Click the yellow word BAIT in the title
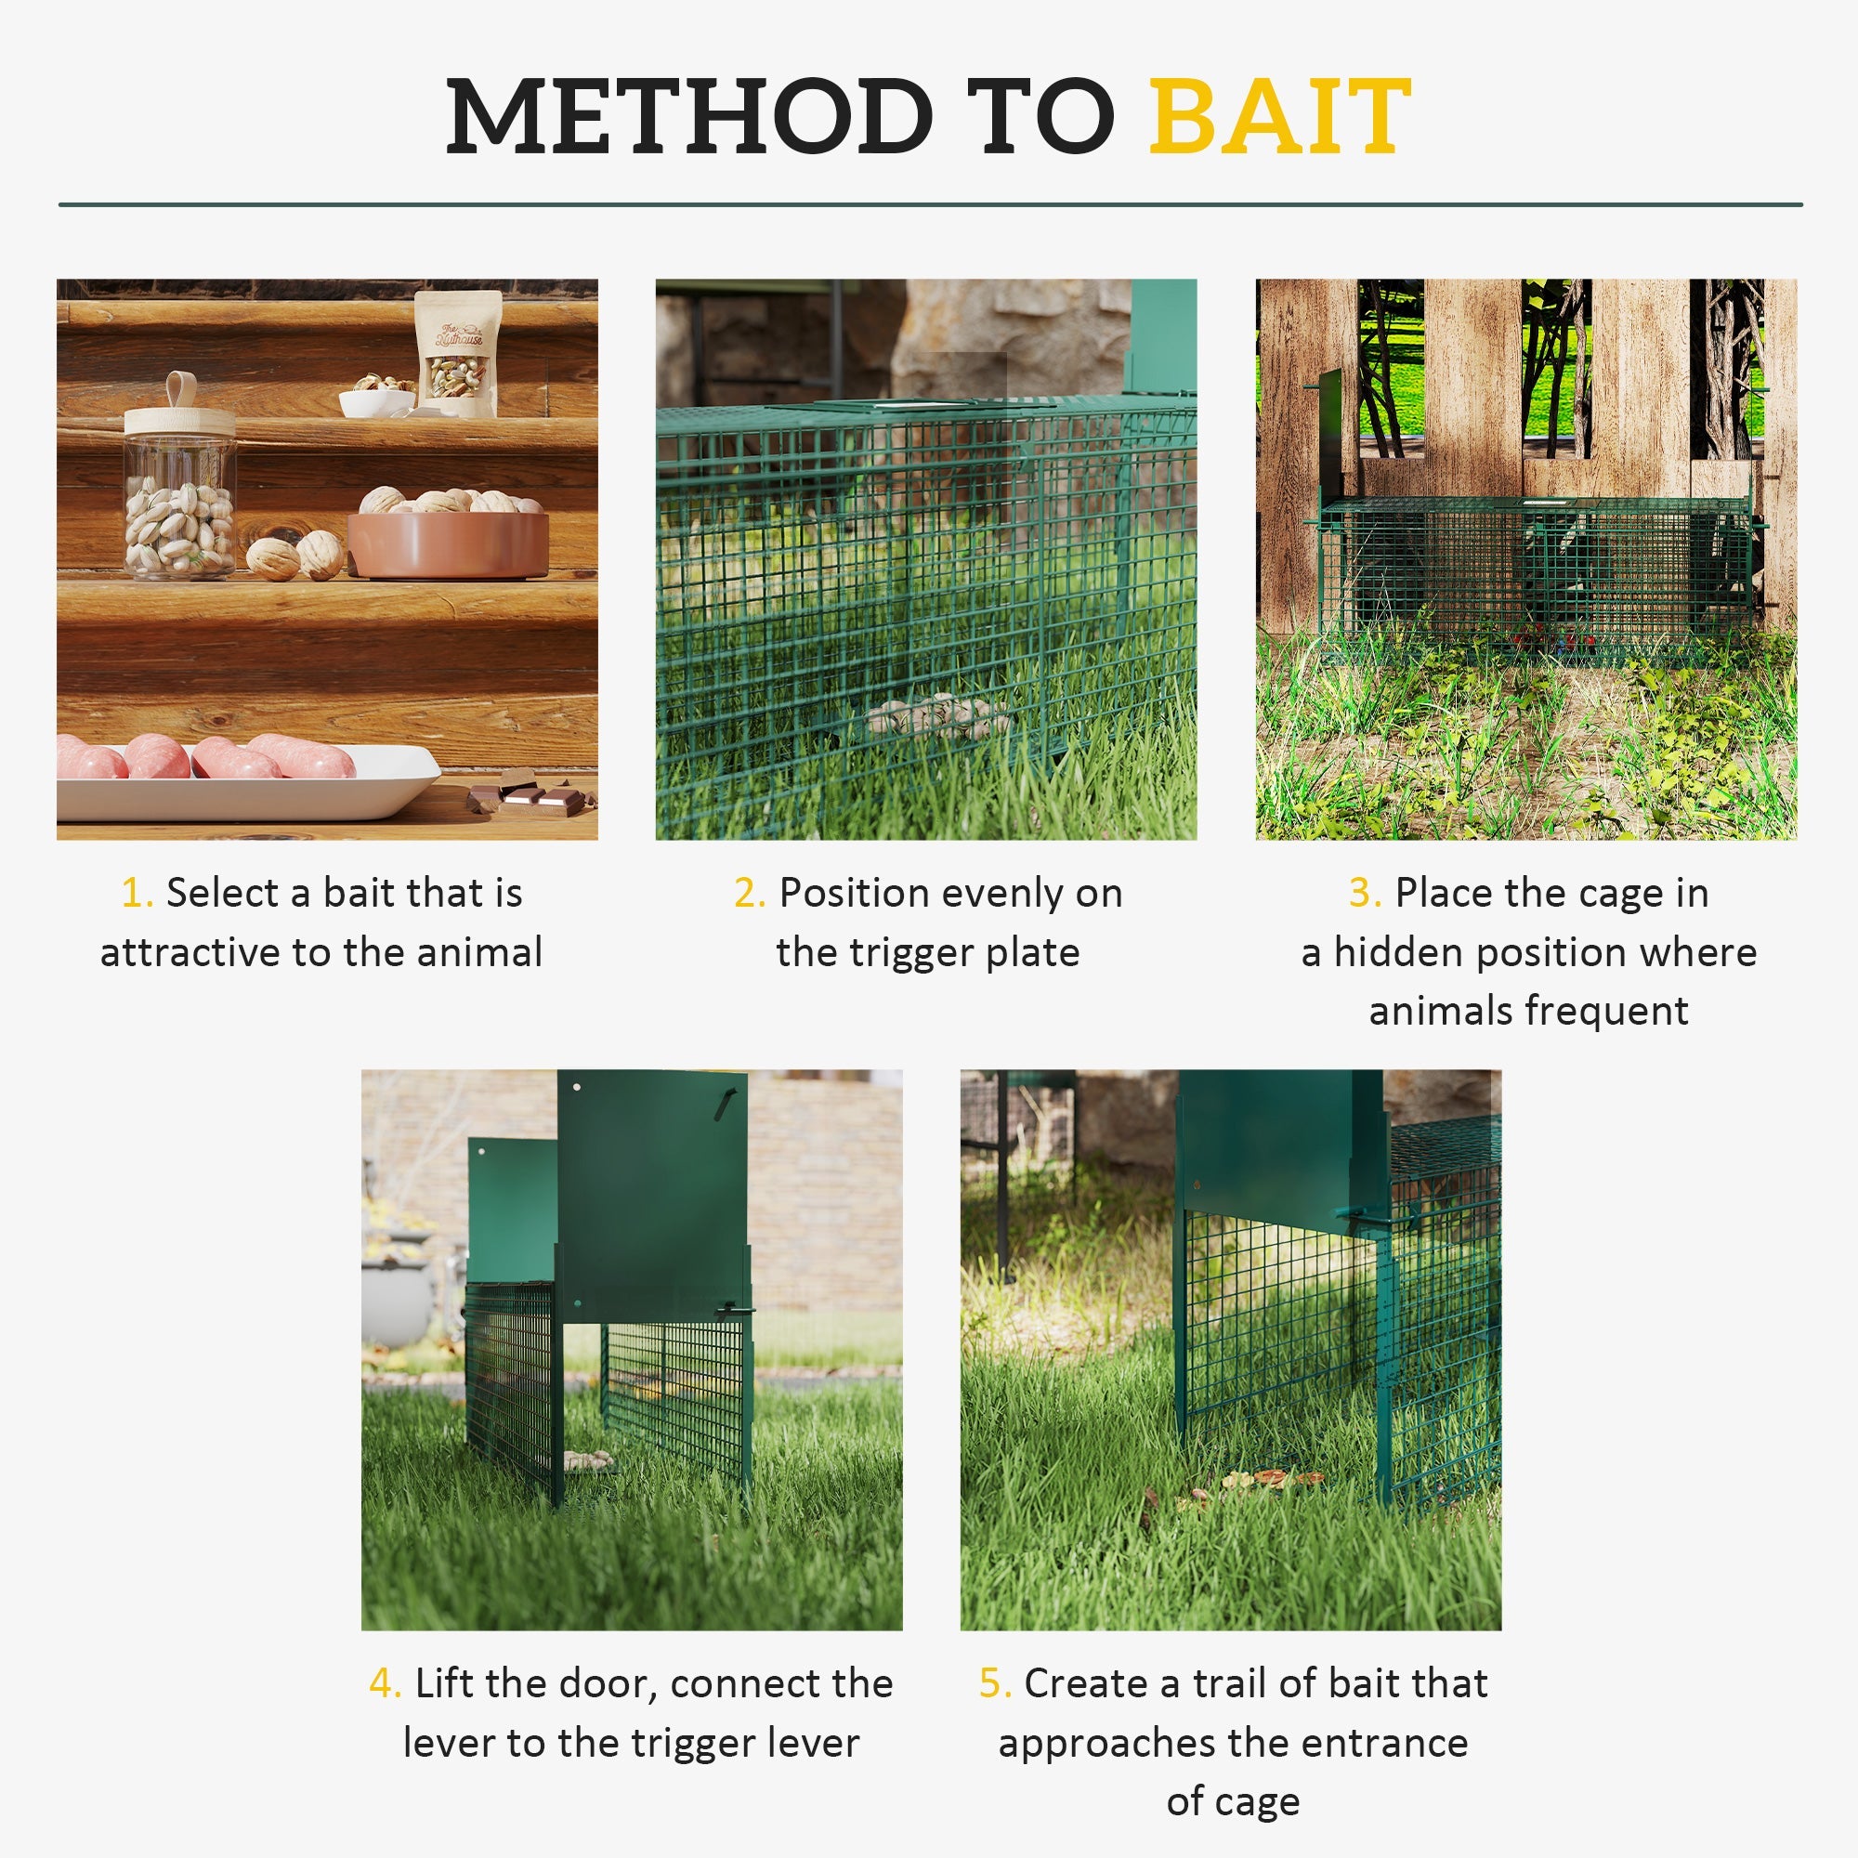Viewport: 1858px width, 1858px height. (x=1279, y=117)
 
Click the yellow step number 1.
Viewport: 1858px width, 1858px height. (x=136, y=894)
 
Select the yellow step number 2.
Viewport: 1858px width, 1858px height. (x=748, y=894)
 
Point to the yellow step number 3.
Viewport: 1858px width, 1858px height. (x=1364, y=894)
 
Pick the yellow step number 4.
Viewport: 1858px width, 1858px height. (x=384, y=1684)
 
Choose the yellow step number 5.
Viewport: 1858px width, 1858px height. (x=994, y=1684)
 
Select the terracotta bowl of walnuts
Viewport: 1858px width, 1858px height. (x=448, y=539)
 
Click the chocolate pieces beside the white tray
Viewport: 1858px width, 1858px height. (x=530, y=795)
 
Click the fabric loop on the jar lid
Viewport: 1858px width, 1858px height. (x=181, y=388)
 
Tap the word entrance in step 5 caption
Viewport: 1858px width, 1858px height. (x=1393, y=1744)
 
